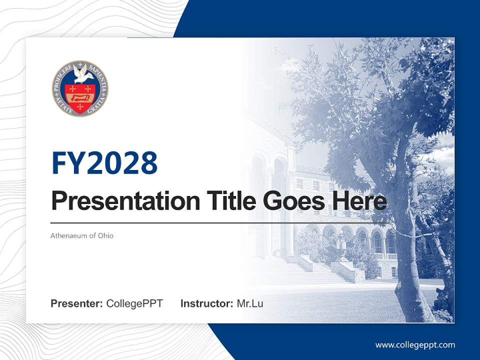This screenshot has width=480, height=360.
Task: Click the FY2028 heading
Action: click(104, 163)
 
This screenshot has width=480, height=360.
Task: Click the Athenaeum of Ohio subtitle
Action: click(82, 235)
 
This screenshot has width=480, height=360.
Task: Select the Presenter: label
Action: click(77, 303)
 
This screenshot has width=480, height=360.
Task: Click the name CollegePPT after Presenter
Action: click(134, 303)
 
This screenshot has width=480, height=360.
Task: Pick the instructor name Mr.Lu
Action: click(250, 303)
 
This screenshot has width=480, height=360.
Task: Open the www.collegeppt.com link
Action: click(415, 345)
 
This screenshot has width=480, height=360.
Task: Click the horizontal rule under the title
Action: click(220, 223)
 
